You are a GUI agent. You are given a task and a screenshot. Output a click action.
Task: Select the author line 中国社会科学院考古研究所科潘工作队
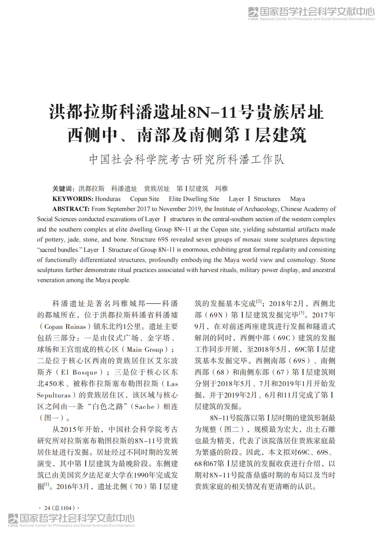click(x=187, y=159)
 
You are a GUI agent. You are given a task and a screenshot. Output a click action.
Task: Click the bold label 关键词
click(x=63, y=189)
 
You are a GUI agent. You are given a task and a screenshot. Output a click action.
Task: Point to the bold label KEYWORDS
click(x=73, y=199)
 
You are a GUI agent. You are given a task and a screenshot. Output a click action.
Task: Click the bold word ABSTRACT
click(x=71, y=209)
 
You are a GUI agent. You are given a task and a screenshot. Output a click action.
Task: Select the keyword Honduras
click(x=108, y=199)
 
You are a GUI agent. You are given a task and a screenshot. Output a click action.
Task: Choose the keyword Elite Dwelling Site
click(x=194, y=199)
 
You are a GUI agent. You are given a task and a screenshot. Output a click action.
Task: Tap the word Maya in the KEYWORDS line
click(x=297, y=199)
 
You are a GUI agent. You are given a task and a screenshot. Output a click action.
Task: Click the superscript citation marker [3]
click(x=302, y=313)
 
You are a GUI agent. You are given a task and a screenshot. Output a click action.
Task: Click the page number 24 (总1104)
click(x=59, y=508)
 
